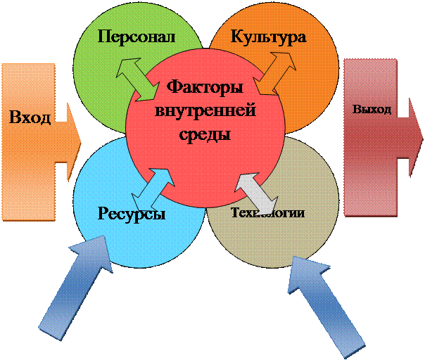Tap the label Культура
[268, 36]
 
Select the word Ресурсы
[132, 214]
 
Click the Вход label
[30, 116]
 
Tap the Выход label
[372, 110]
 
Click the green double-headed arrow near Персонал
[139, 79]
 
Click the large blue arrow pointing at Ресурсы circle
[75, 284]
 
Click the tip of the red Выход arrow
[418, 137]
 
